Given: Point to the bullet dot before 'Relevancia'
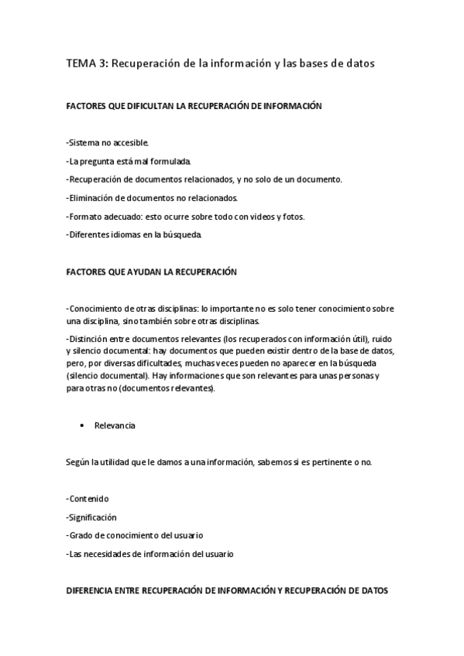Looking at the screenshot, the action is [x=81, y=425].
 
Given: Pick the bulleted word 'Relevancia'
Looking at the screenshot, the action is [x=115, y=425].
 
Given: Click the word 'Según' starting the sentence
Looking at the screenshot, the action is [x=77, y=463].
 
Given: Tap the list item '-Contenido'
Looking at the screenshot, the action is [x=88, y=499].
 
